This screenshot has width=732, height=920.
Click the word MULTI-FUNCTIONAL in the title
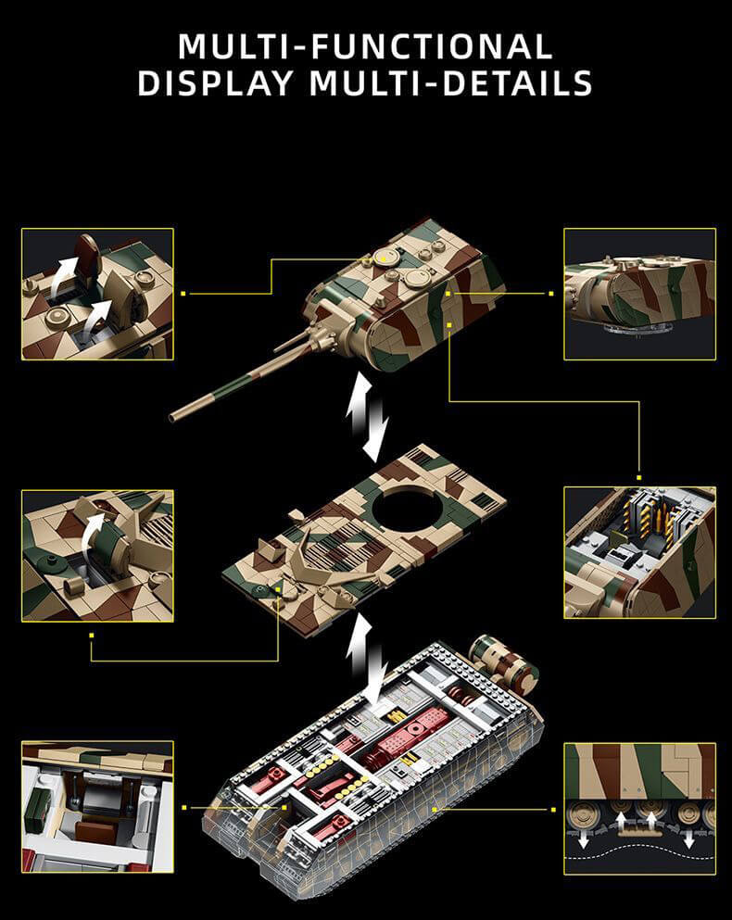click(x=365, y=45)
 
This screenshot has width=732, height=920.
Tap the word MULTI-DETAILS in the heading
click(x=450, y=82)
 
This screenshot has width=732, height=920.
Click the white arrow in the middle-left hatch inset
click(x=92, y=532)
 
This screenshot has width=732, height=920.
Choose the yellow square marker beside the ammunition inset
click(x=639, y=469)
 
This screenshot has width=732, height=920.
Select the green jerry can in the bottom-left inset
click(x=41, y=800)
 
